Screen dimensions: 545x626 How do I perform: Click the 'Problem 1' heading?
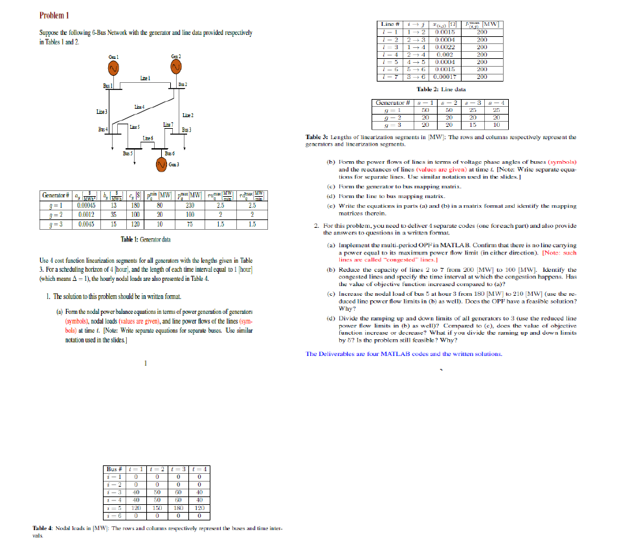(x=55, y=16)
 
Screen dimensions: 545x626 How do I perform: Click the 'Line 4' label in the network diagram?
(x=139, y=105)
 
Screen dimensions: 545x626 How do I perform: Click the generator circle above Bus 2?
(x=179, y=69)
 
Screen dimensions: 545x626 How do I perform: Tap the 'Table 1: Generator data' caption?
(x=146, y=239)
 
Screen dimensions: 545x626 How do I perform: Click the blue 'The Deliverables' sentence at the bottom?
(x=403, y=354)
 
